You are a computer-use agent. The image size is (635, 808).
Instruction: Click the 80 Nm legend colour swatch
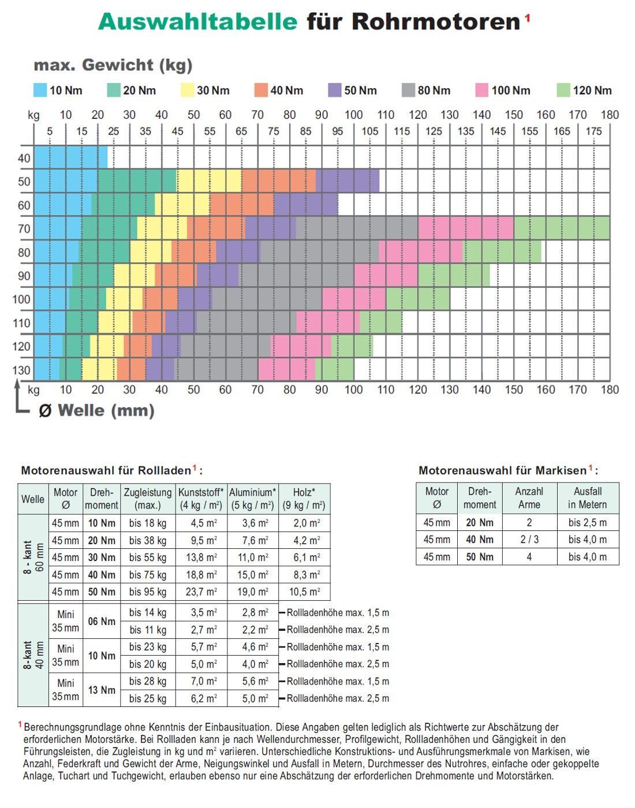point(408,90)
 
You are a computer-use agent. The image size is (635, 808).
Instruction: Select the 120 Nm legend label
point(592,90)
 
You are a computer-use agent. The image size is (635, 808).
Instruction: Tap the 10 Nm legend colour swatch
point(40,90)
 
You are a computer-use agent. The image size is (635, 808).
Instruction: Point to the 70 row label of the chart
point(24,229)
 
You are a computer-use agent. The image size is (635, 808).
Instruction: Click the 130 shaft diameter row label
point(21,370)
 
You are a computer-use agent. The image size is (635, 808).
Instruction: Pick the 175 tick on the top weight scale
point(593,131)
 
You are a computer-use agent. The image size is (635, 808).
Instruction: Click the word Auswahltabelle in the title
point(197,22)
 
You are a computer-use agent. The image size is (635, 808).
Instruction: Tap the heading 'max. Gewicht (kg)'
point(113,65)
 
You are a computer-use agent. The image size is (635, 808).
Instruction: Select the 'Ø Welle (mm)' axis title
point(96,410)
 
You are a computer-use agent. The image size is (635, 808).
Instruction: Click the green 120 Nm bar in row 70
point(561,228)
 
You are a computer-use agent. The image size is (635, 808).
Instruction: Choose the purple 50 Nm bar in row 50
point(348,181)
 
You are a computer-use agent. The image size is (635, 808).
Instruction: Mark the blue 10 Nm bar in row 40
point(70,157)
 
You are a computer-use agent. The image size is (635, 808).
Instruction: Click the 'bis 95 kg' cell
point(148,592)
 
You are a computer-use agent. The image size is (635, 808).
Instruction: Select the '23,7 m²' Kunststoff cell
point(201,592)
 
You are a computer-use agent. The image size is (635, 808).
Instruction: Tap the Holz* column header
point(304,499)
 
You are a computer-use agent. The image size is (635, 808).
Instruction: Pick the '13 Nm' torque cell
point(102,690)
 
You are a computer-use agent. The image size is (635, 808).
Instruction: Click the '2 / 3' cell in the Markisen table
point(529,540)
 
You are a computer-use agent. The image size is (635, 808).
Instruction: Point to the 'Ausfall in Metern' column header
point(587,497)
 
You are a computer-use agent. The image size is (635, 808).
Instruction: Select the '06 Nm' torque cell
point(102,621)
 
